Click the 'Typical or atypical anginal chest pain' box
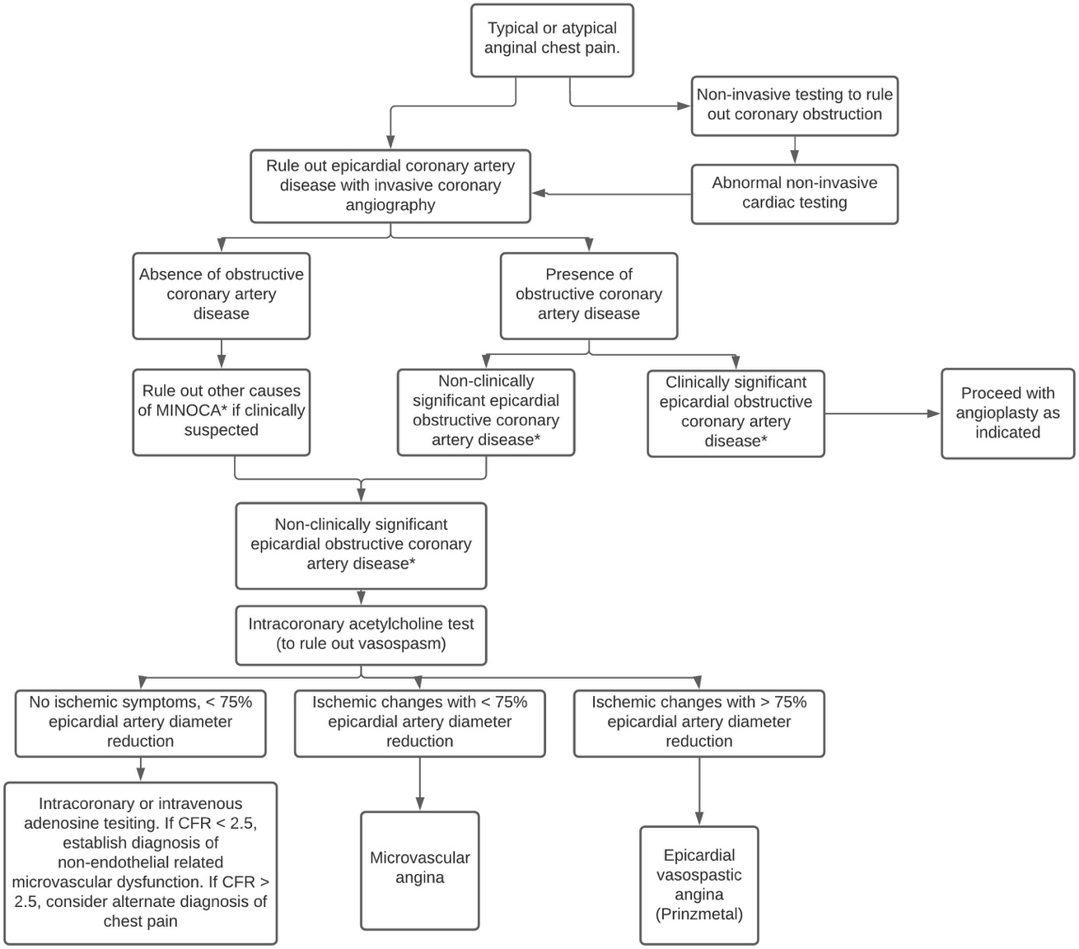pyautogui.click(x=552, y=40)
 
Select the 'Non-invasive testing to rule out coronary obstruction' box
pyautogui.click(x=794, y=105)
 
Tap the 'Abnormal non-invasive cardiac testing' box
pyautogui.click(x=794, y=194)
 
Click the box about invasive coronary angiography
pyautogui.click(x=390, y=186)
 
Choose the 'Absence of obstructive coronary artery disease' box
pyautogui.click(x=221, y=296)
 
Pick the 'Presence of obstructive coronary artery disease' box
pyautogui.click(x=588, y=296)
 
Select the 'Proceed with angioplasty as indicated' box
pyautogui.click(x=1007, y=413)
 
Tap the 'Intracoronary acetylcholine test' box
pyautogui.click(x=361, y=634)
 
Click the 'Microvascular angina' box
pyautogui.click(x=420, y=871)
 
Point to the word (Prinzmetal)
pyautogui.click(x=698, y=914)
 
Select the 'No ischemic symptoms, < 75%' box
pyautogui.click(x=140, y=723)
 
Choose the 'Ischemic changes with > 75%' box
pyautogui.click(x=698, y=723)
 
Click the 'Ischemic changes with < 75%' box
pyautogui.click(x=420, y=723)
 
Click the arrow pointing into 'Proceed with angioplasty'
pyautogui.click(x=882, y=414)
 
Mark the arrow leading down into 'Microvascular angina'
pyautogui.click(x=420, y=784)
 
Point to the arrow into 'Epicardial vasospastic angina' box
pyautogui.click(x=698, y=792)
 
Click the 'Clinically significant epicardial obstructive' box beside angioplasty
pyautogui.click(x=736, y=414)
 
